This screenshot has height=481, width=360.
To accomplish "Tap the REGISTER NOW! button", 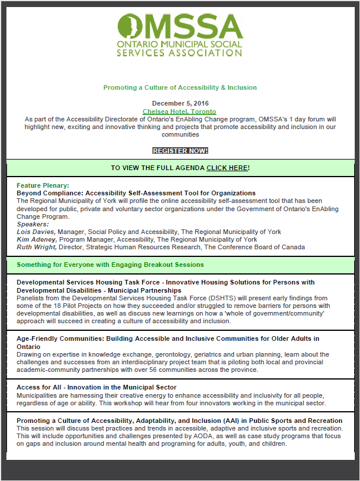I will (x=180, y=151).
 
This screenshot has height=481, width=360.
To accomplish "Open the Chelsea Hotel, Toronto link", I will (x=179, y=111).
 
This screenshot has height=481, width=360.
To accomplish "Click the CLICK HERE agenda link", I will (x=227, y=168).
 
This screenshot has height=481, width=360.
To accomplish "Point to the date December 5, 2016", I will (x=180, y=104).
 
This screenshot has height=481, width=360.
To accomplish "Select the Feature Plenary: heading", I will (x=43, y=185).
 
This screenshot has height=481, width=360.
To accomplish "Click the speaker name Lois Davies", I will (x=36, y=232).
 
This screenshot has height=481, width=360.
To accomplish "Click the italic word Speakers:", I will (x=33, y=224).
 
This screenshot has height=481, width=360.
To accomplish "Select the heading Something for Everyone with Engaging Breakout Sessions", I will (x=110, y=265).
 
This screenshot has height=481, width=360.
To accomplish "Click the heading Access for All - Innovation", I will (x=96, y=387).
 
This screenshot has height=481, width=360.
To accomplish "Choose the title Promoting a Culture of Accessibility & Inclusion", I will (x=180, y=87).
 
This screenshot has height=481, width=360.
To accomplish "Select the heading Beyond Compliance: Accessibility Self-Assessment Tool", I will (x=136, y=193).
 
